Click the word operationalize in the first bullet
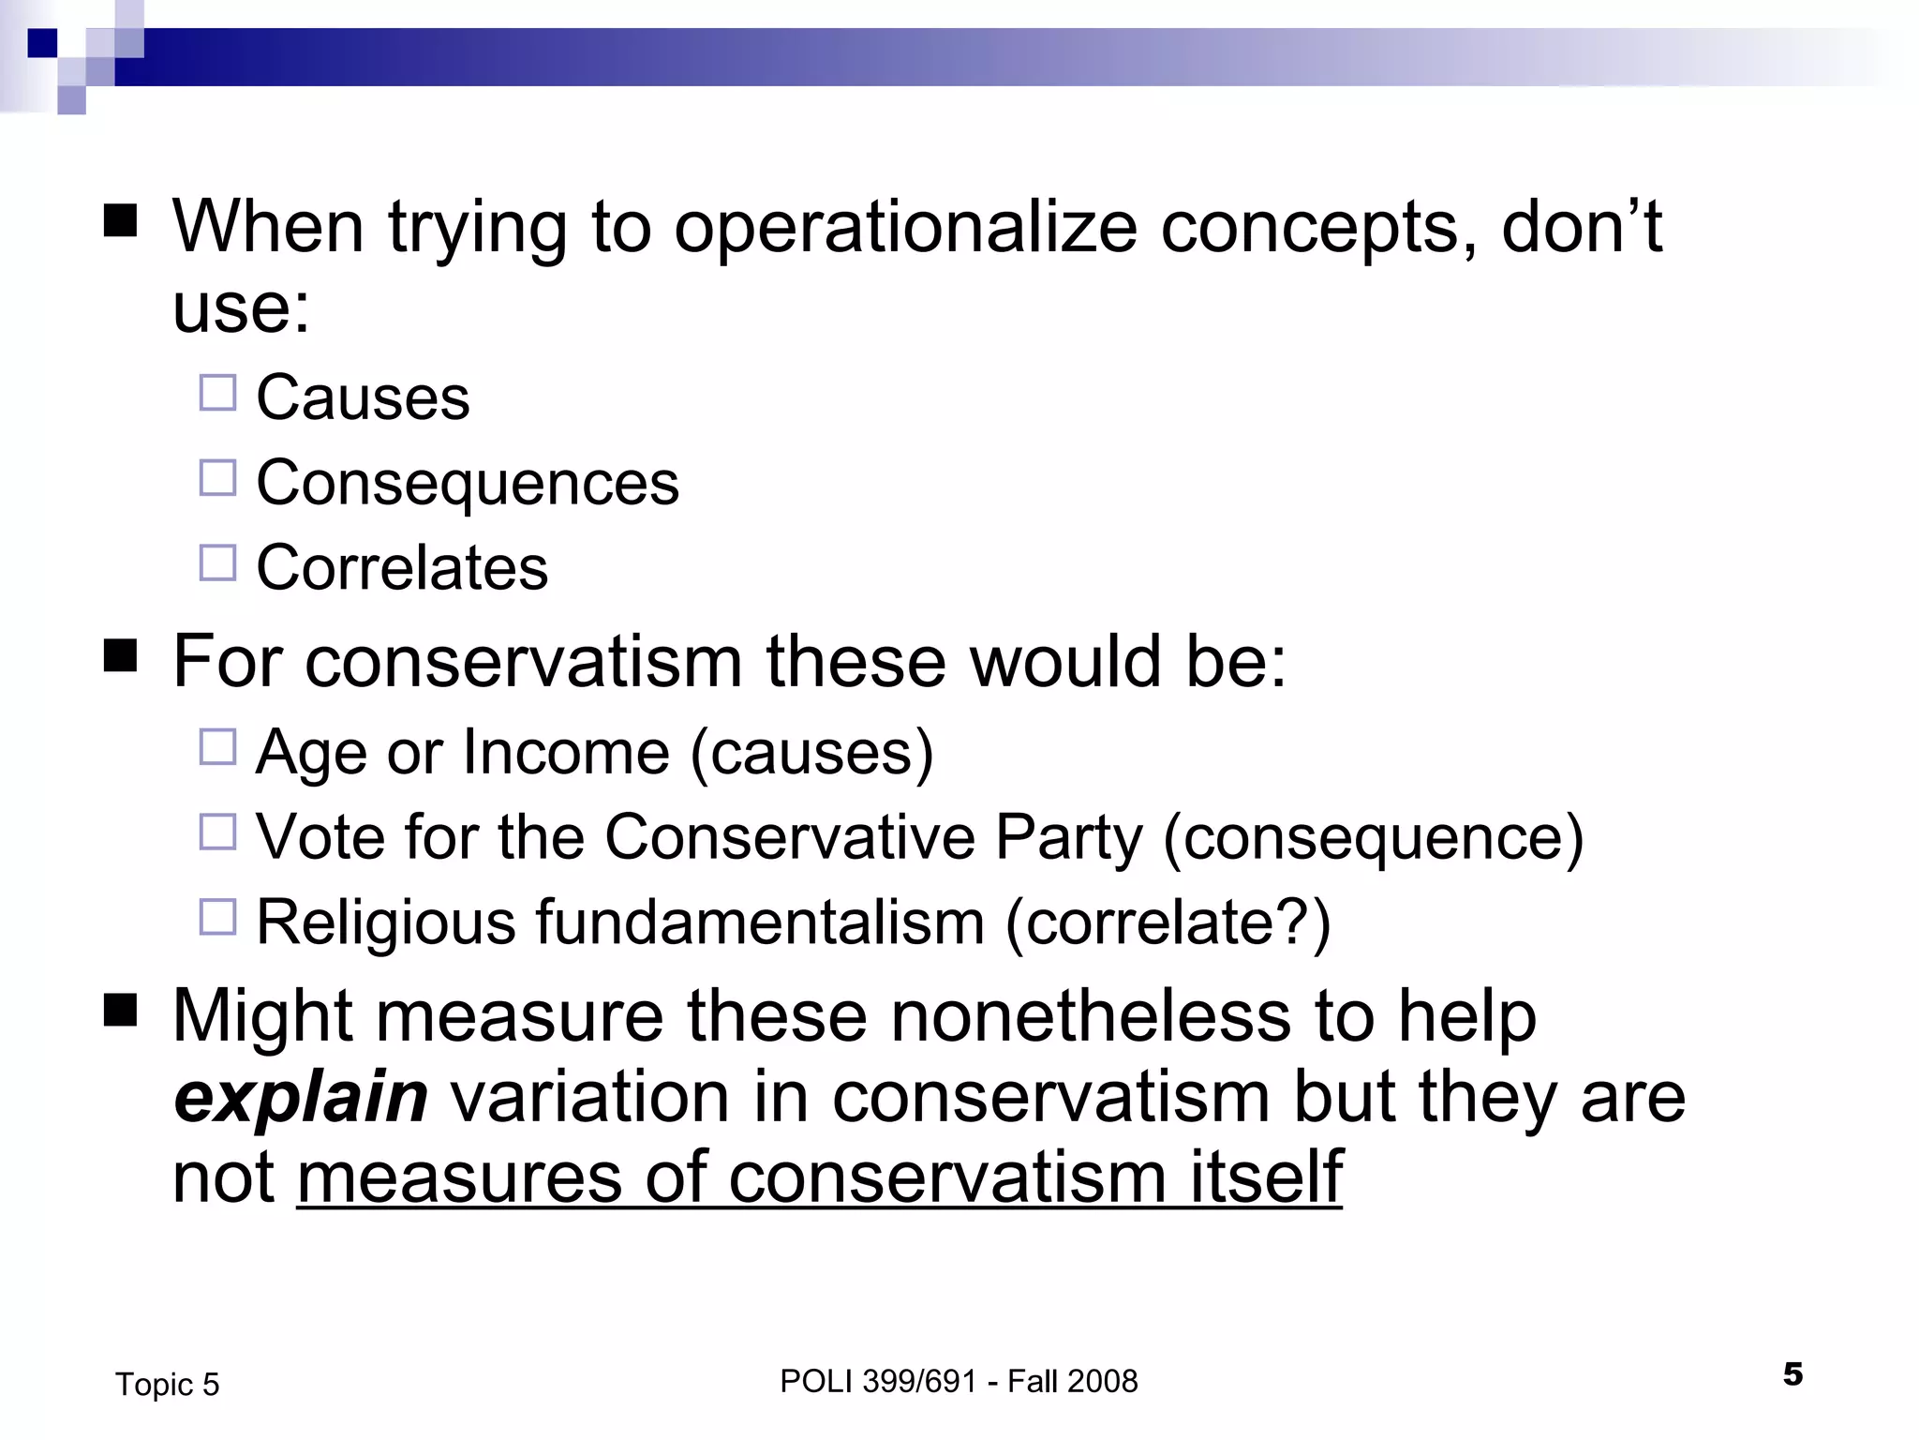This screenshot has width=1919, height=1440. (905, 228)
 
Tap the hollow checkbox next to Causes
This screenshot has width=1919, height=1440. (217, 394)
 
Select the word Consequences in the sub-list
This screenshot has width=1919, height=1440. (467, 484)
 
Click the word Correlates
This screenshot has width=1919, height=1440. (402, 568)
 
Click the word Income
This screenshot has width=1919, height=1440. (566, 753)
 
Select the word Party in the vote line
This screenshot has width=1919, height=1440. (1068, 837)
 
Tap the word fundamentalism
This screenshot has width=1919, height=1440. (760, 922)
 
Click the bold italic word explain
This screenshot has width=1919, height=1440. (301, 1097)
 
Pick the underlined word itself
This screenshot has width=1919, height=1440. (1266, 1177)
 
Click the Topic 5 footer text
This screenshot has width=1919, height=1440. (167, 1385)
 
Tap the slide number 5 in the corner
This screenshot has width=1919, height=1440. (1793, 1374)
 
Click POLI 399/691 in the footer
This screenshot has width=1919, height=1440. (879, 1381)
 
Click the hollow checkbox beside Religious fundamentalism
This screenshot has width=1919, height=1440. (217, 917)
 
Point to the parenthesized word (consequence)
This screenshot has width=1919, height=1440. (1373, 837)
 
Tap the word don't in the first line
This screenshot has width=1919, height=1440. (1581, 228)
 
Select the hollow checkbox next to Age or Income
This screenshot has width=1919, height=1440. (217, 747)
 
